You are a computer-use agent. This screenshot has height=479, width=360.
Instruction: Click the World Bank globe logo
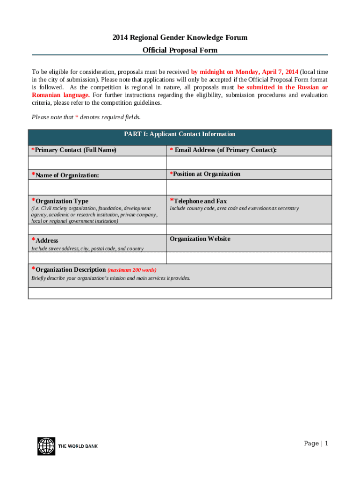pyautogui.click(x=46, y=446)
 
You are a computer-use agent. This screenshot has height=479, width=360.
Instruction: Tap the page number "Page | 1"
pyautogui.click(x=316, y=443)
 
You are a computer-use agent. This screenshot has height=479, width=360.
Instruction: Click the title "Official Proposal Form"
pyautogui.click(x=180, y=50)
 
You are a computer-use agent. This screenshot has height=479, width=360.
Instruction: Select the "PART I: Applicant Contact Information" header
pyautogui.click(x=180, y=134)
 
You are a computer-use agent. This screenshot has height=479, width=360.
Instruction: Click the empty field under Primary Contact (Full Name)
pyautogui.click(x=97, y=163)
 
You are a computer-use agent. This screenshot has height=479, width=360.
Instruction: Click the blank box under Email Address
pyautogui.click(x=249, y=163)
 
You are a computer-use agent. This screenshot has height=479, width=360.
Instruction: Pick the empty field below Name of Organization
pyautogui.click(x=97, y=187)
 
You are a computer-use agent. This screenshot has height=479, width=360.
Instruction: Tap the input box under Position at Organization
pyautogui.click(x=249, y=187)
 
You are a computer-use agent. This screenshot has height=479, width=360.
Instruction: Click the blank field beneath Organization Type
pyautogui.click(x=97, y=229)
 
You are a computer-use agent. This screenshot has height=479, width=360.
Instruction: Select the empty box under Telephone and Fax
pyautogui.click(x=249, y=229)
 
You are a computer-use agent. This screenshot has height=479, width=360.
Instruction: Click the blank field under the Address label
pyautogui.click(x=97, y=258)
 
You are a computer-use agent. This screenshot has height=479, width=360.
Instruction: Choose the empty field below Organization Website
pyautogui.click(x=249, y=258)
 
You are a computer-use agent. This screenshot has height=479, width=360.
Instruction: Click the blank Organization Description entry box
pyautogui.click(x=180, y=293)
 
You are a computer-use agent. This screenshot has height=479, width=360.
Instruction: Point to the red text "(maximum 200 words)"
pyautogui.click(x=132, y=270)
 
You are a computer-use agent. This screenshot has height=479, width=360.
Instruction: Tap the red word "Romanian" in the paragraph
pyautogui.click(x=46, y=95)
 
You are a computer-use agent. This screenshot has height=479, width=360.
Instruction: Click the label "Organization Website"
pyautogui.click(x=200, y=239)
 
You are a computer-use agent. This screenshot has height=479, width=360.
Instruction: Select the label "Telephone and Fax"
pyautogui.click(x=200, y=201)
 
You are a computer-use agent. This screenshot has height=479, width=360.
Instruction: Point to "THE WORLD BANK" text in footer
pyautogui.click(x=78, y=446)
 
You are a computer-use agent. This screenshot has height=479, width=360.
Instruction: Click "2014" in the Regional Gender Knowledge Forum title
pyautogui.click(x=120, y=37)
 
